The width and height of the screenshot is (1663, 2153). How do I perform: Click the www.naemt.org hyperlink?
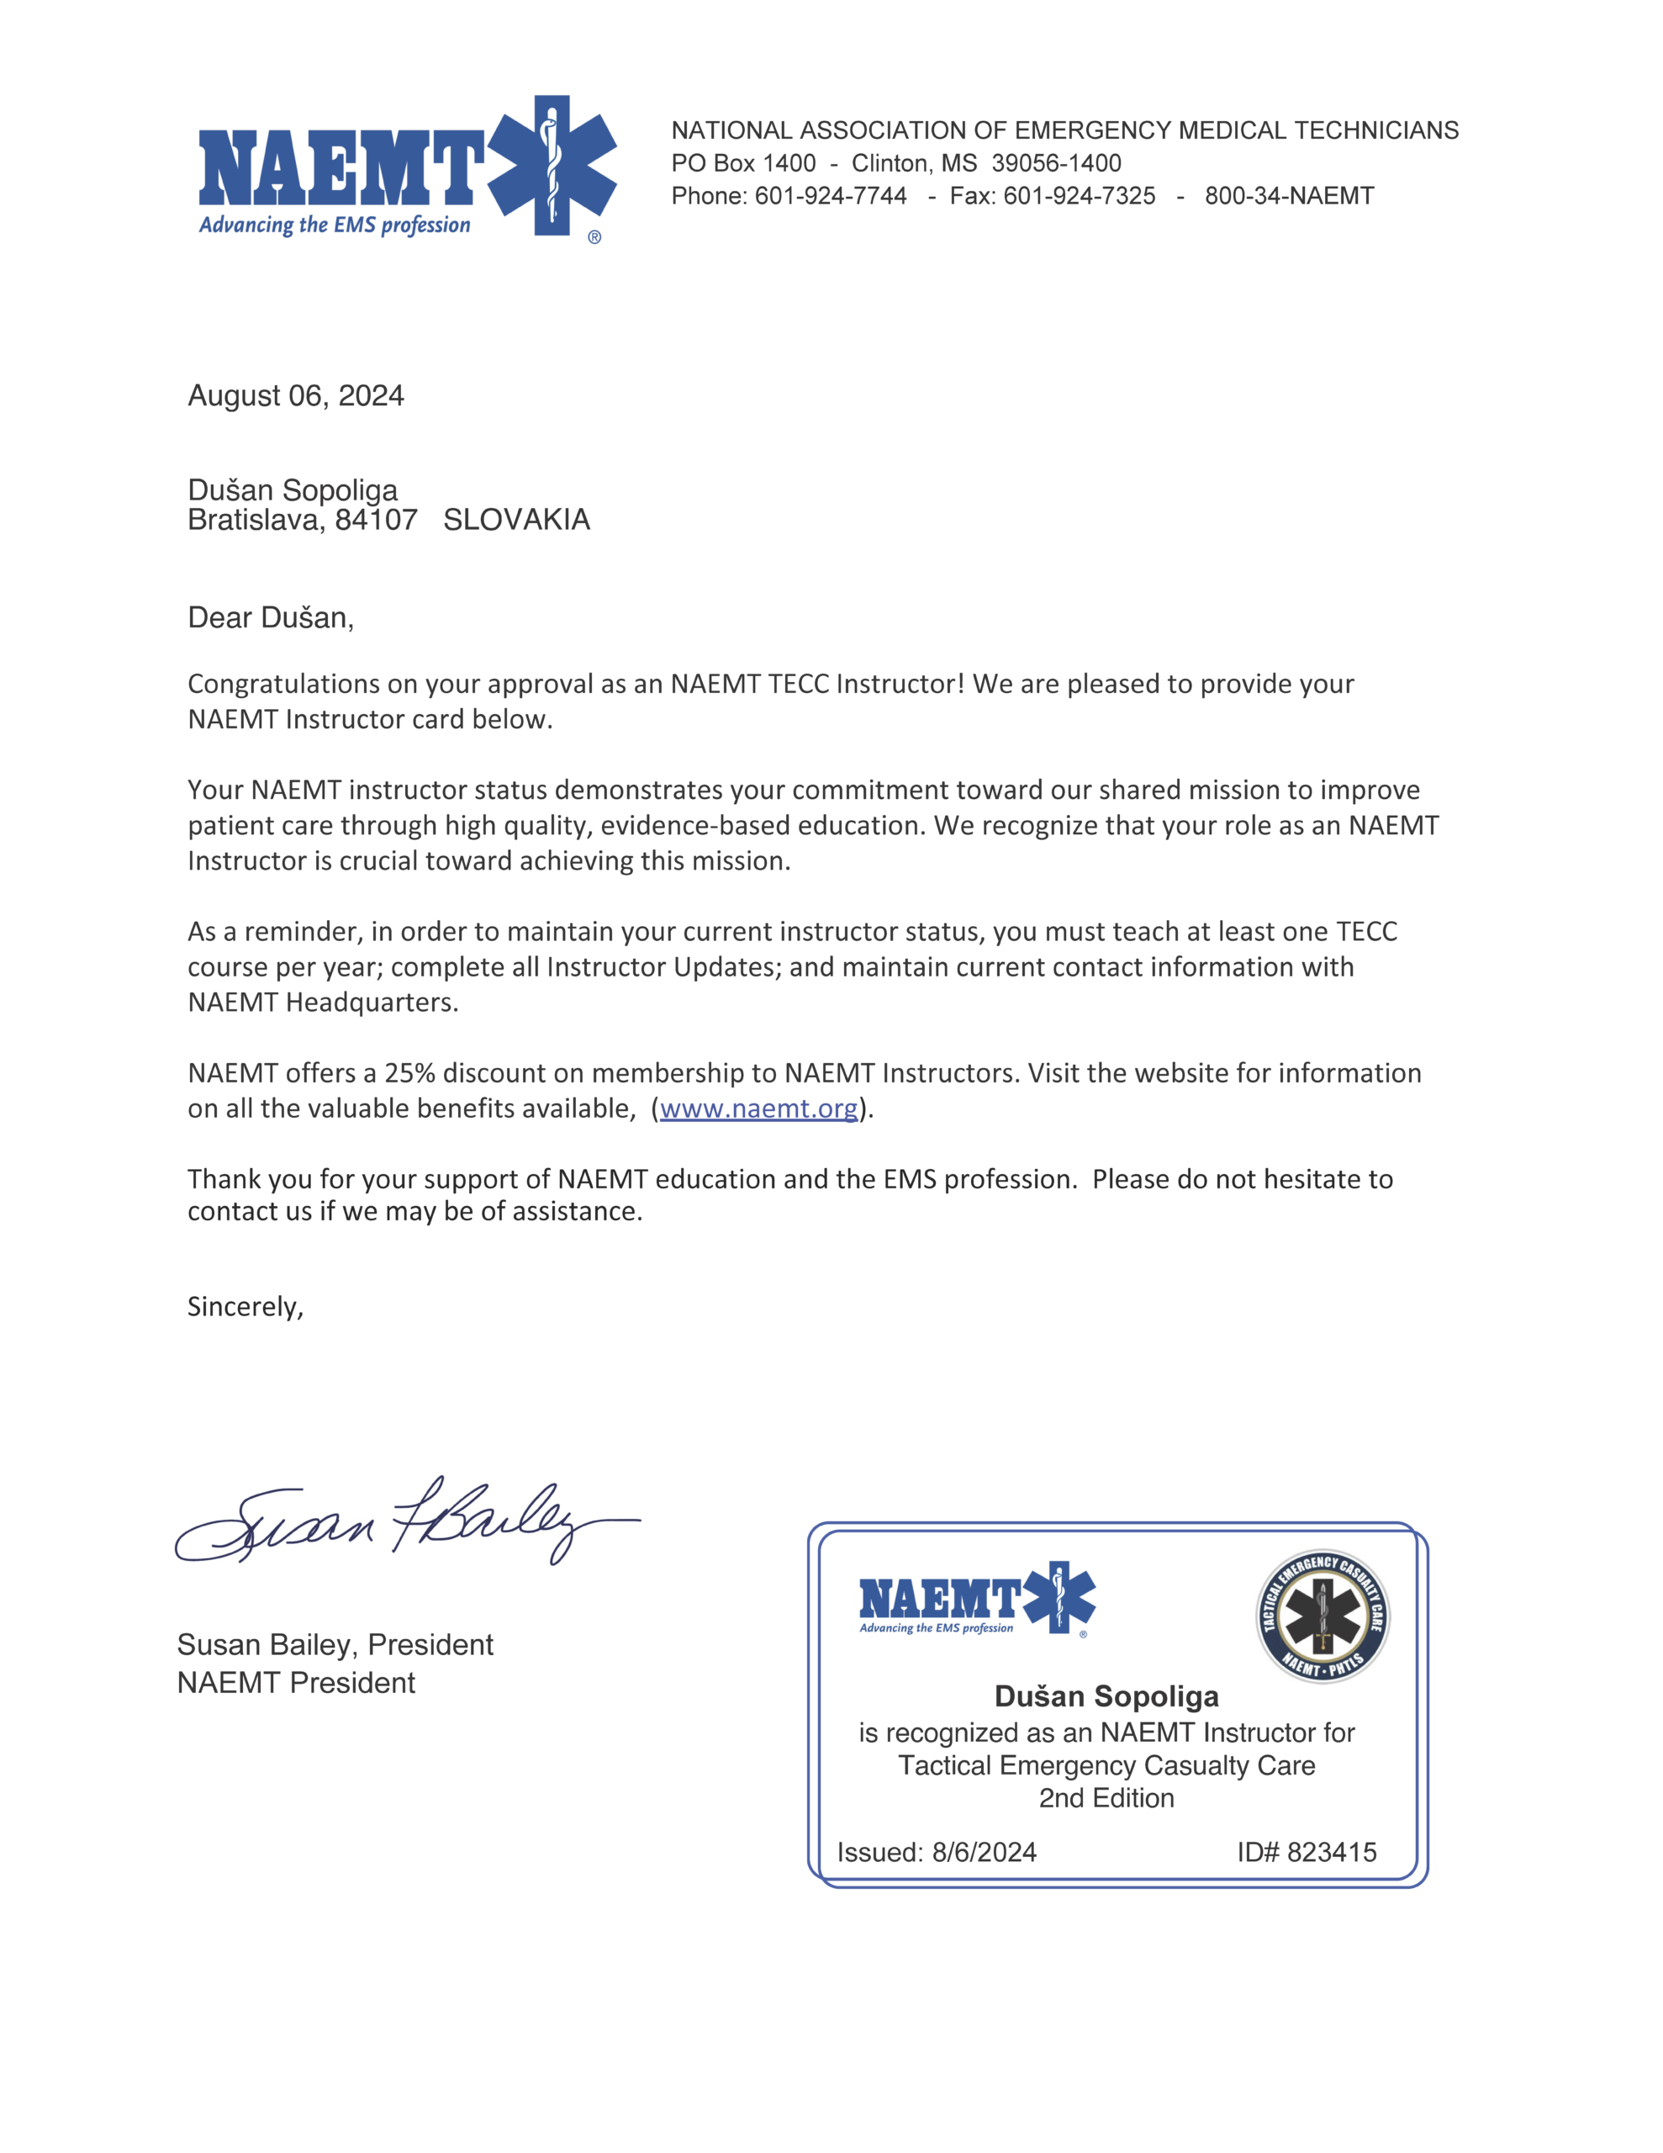(758, 1108)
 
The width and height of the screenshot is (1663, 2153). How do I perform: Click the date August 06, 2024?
(296, 395)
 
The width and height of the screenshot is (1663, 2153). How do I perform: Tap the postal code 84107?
(376, 520)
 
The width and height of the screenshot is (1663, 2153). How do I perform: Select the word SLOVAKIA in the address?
(516, 520)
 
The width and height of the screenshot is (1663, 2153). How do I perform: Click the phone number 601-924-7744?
(830, 195)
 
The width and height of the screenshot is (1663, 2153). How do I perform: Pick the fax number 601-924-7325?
(1079, 195)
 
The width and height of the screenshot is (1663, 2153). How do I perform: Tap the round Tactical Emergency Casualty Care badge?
(1322, 1616)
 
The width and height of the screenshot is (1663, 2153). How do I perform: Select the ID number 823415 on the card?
(1331, 1852)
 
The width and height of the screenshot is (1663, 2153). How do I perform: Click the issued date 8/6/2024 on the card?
(984, 1852)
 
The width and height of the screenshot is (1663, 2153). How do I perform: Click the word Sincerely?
(245, 1306)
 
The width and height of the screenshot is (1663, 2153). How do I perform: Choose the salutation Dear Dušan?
(270, 617)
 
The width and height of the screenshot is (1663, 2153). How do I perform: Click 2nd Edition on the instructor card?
(1106, 1798)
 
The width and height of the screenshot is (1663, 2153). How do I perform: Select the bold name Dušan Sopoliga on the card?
(1106, 1695)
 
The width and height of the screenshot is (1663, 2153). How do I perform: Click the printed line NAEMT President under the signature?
(296, 1683)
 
